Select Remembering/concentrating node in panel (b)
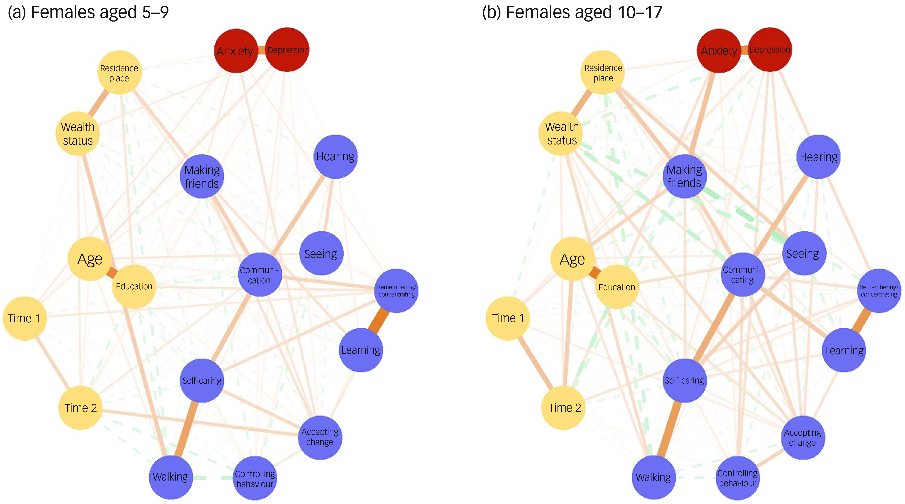[879, 291]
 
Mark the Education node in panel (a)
[134, 286]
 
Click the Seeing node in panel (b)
[803, 253]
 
